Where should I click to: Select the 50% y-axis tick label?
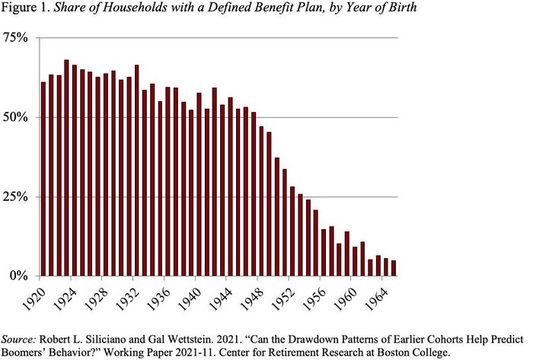tap(16, 118)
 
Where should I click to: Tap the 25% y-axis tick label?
tap(16, 196)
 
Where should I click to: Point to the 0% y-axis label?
tap(20, 276)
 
